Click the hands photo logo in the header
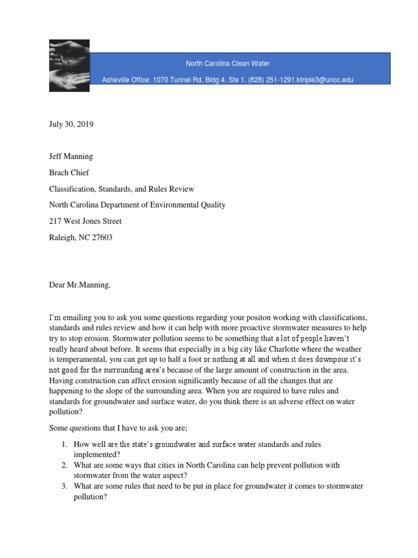click(69, 65)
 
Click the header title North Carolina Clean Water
click(228, 64)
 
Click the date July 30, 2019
click(71, 124)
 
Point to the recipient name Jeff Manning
click(71, 156)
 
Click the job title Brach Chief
click(69, 173)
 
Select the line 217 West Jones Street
click(85, 221)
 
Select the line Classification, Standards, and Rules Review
click(121, 189)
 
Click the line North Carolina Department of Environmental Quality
click(137, 205)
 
